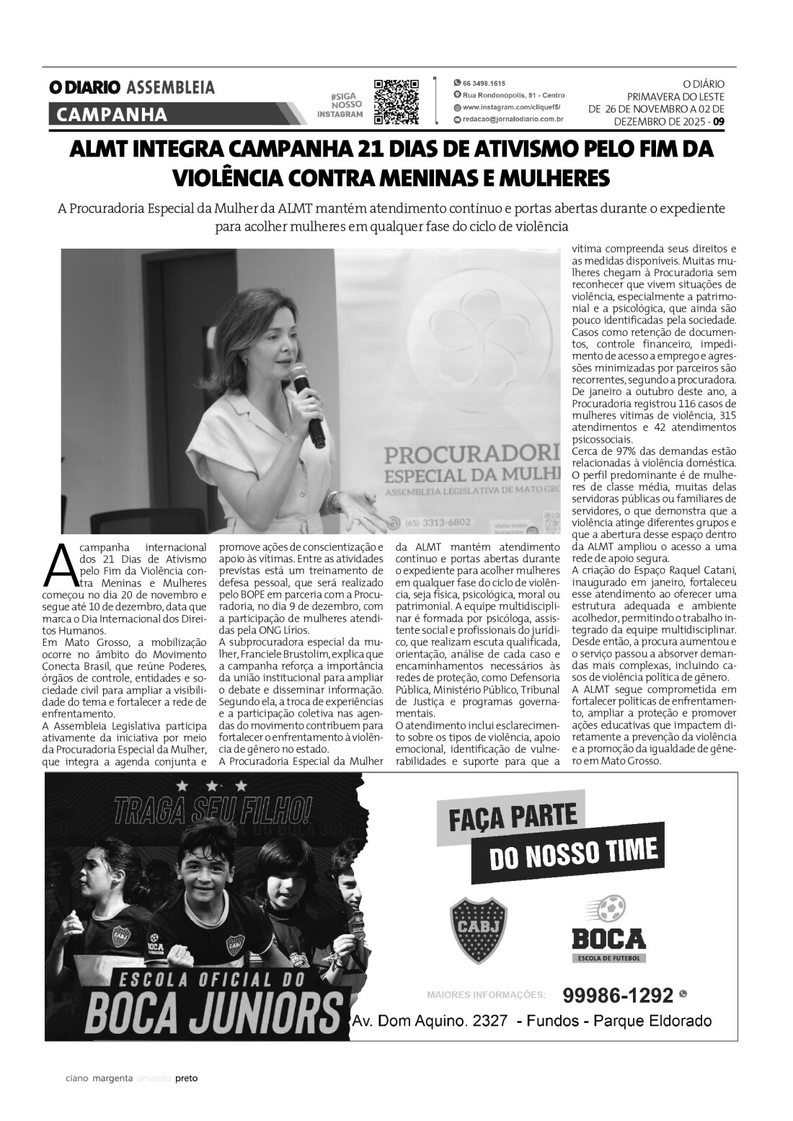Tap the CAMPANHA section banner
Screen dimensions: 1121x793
point(112,115)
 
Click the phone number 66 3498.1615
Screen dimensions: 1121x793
point(484,83)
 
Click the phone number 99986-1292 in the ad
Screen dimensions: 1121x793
point(617,995)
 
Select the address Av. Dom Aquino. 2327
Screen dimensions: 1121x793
point(430,1021)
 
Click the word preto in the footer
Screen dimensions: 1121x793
point(187,1099)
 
